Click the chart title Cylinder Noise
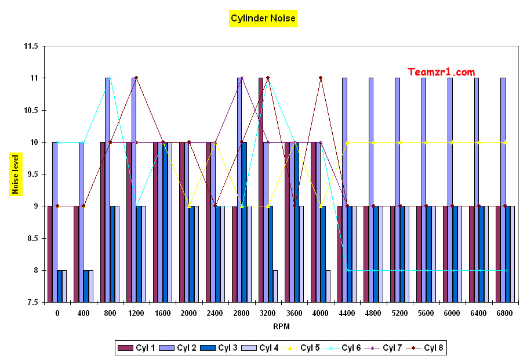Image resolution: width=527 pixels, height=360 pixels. [x=263, y=19]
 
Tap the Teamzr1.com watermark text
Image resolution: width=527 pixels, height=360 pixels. [x=441, y=72]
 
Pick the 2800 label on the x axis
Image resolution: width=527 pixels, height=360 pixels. [x=241, y=313]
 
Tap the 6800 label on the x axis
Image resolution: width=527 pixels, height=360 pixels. [x=504, y=313]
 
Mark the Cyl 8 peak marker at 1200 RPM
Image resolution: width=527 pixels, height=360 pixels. [x=136, y=78]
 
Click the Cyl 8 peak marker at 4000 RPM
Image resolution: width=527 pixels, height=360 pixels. [x=320, y=78]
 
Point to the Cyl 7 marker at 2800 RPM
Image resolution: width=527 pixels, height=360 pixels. [x=241, y=78]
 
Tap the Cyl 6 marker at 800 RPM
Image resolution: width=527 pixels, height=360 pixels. [x=110, y=78]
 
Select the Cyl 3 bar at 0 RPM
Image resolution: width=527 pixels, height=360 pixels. [x=59, y=286]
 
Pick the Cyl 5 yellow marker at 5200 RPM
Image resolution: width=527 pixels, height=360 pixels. [x=399, y=142]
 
